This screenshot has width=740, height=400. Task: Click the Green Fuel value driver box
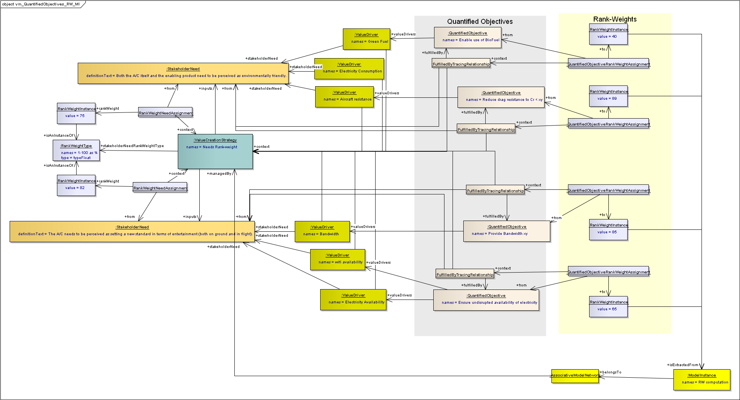(366, 39)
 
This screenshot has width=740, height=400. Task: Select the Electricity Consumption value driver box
(349, 69)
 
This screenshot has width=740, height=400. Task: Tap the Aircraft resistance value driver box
(344, 97)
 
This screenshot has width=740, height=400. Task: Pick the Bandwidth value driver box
(322, 231)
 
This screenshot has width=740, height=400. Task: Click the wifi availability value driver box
(337, 259)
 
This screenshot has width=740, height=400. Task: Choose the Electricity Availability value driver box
(353, 300)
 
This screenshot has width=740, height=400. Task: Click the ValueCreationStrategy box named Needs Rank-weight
(215, 151)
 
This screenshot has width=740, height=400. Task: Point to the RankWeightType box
(76, 150)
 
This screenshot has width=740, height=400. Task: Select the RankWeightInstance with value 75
(76, 113)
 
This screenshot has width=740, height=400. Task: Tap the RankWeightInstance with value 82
(76, 185)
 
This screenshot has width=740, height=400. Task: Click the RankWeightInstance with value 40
(608, 34)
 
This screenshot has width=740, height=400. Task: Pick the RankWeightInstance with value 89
(608, 96)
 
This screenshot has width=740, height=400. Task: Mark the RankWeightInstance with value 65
(608, 307)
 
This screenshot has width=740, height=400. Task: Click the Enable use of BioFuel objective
(468, 37)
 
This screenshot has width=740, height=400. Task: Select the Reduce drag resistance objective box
(501, 97)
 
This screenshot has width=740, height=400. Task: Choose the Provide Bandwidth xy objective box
(506, 231)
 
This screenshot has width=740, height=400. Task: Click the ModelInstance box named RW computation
(702, 380)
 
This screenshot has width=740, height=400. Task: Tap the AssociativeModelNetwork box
(575, 376)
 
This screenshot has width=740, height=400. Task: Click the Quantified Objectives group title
(480, 22)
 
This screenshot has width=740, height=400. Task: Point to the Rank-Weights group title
(615, 19)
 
